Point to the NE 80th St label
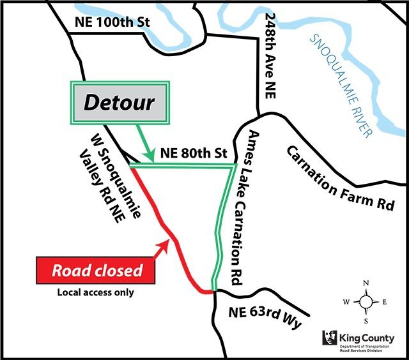(194, 153)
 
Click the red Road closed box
(96, 270)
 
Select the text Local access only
(96, 293)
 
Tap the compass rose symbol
(366, 301)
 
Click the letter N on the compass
(366, 283)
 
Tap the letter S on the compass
(366, 320)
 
